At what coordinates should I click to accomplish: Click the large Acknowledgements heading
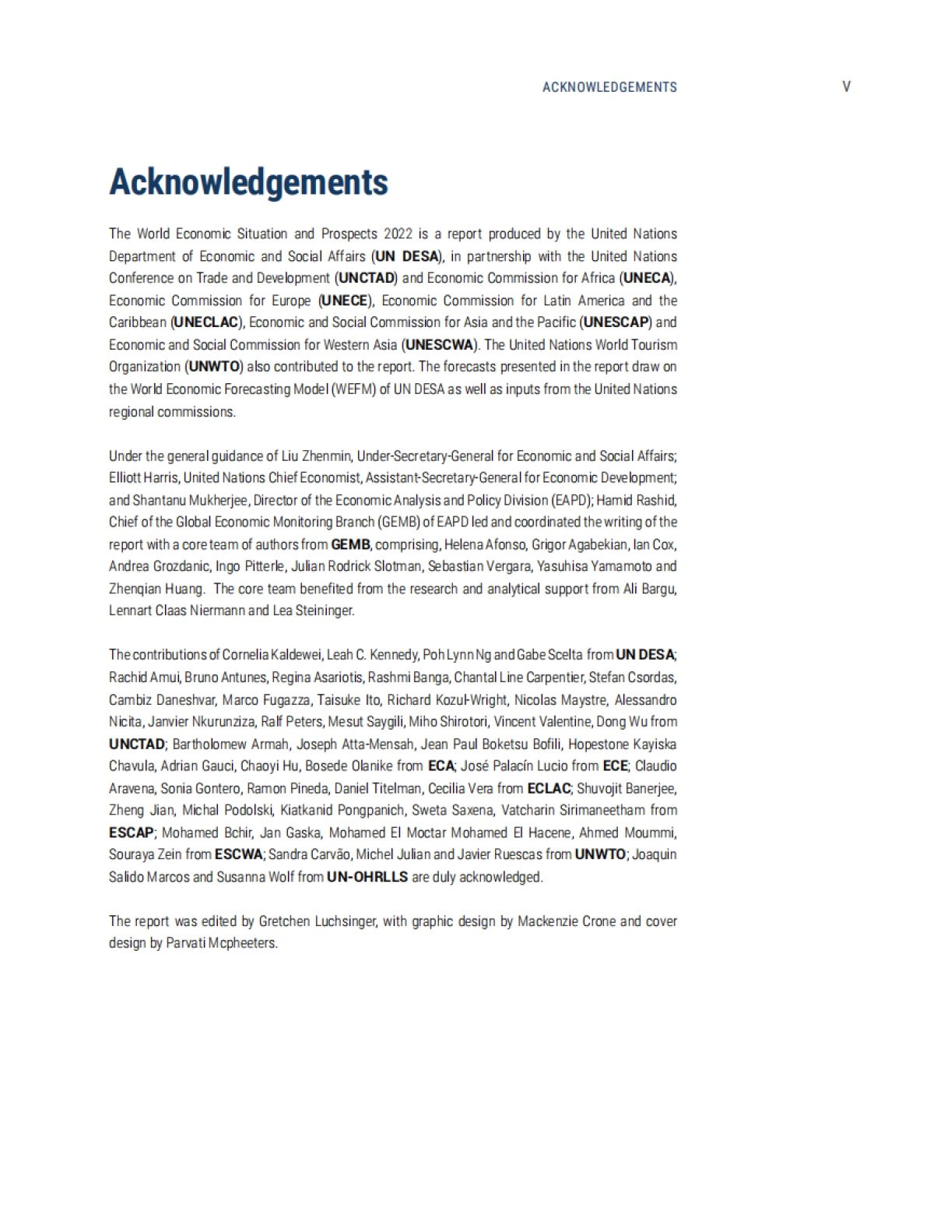tap(248, 182)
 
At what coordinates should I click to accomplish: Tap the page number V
tap(846, 86)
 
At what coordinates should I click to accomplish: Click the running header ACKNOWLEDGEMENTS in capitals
tap(609, 87)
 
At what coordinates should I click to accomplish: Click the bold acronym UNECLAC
tap(205, 322)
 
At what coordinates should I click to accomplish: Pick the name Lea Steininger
tap(313, 611)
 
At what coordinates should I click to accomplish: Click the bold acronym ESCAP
tap(132, 833)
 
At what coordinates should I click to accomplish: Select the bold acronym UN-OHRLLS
tap(367, 877)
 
